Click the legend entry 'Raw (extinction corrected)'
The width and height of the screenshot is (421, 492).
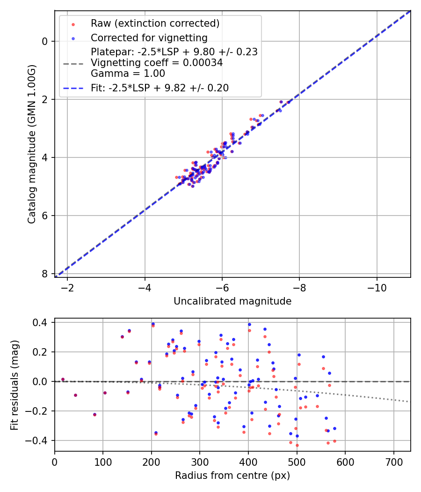point(155,23)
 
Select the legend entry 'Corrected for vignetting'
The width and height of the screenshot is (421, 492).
point(149,37)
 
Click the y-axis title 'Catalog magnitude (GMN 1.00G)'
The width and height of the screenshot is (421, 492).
point(31,143)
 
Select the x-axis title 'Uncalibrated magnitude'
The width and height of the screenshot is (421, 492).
point(232,301)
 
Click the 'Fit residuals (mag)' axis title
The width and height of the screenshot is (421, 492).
point(14,385)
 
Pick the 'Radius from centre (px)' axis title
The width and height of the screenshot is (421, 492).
point(232,476)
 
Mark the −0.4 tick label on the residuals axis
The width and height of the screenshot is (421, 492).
point(38,440)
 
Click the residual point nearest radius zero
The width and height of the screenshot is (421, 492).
point(63,379)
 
